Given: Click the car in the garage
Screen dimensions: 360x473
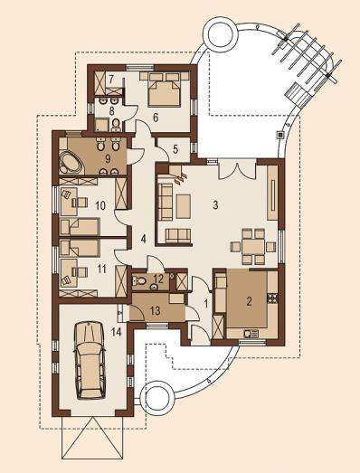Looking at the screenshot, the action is (90, 361).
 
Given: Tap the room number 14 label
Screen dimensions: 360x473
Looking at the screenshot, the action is (116, 332).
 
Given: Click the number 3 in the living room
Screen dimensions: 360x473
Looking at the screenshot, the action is (215, 205).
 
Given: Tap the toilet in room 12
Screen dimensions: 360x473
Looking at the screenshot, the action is (139, 281).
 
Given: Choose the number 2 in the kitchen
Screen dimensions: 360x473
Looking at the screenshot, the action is (249, 301).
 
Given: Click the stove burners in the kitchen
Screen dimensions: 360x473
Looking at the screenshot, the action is (272, 298).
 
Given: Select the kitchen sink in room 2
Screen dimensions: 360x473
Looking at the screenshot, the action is (251, 334).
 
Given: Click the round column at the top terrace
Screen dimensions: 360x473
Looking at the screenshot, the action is (221, 33).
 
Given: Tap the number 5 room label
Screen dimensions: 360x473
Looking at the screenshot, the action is (175, 149).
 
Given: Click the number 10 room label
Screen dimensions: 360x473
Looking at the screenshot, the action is (100, 205).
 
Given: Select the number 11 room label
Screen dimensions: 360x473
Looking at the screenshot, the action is (101, 269).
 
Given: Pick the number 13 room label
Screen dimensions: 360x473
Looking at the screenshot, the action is (156, 311).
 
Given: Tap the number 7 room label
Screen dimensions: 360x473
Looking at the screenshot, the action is (111, 80).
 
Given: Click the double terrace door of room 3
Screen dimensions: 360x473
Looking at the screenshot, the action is (237, 170).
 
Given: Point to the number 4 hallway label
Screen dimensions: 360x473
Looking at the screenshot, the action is (143, 240).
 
